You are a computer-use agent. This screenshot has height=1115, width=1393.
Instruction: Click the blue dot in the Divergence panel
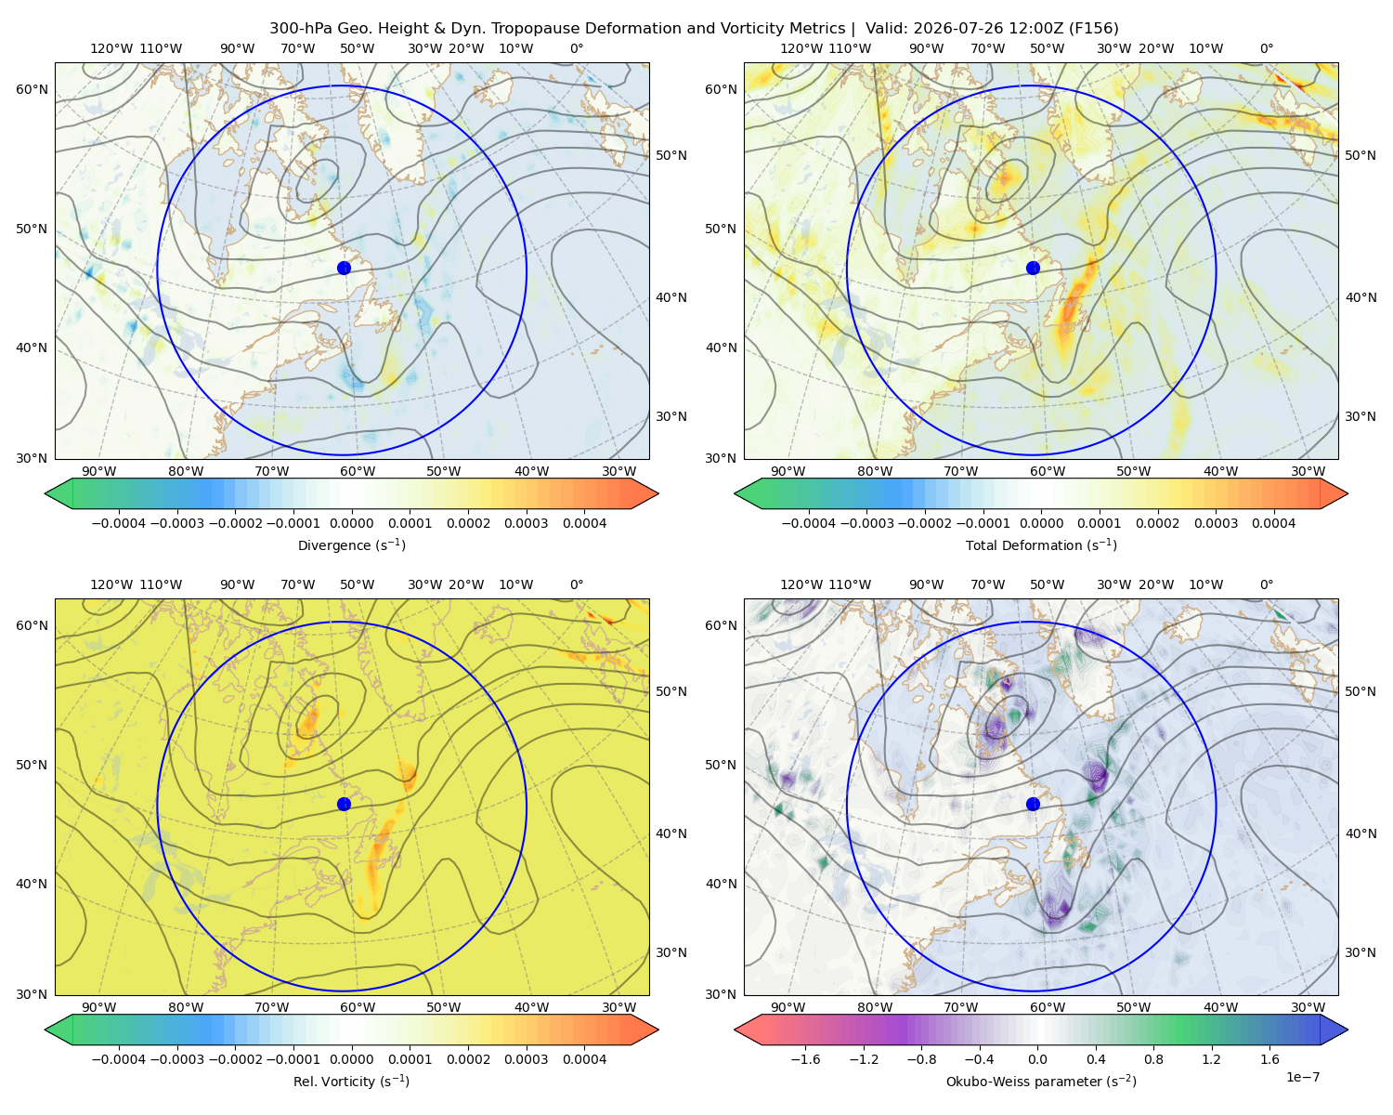click(344, 268)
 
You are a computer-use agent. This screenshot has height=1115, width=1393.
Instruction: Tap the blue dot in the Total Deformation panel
click(1033, 268)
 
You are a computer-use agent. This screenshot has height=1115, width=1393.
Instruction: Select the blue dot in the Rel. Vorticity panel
click(344, 804)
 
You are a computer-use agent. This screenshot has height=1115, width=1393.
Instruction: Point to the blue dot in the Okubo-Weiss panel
click(1033, 804)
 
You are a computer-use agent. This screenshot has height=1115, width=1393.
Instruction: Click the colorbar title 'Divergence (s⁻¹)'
click(351, 544)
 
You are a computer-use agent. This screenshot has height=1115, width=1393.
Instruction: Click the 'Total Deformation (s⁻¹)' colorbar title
click(1041, 544)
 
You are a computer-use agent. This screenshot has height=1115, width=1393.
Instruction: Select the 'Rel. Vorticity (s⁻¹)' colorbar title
click(351, 1081)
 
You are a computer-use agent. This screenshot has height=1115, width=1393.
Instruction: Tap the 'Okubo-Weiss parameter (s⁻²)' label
click(1041, 1081)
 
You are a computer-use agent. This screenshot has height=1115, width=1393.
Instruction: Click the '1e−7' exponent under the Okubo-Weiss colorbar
click(1302, 1077)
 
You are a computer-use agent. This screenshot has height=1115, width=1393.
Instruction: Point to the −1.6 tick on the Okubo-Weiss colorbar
click(805, 1058)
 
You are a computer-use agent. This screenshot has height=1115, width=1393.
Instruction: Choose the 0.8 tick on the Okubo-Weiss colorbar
click(1153, 1058)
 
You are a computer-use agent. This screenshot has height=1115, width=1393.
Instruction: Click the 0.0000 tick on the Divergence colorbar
click(351, 523)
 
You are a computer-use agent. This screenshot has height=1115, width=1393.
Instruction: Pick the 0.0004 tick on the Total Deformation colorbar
click(1273, 523)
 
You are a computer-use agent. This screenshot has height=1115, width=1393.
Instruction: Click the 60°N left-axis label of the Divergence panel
click(32, 89)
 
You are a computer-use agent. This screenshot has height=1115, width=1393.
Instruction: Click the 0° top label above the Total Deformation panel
click(1266, 48)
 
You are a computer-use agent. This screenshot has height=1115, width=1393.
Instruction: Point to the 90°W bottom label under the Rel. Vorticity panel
click(99, 1007)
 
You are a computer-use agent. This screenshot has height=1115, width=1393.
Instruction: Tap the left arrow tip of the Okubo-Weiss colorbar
click(735, 1030)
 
